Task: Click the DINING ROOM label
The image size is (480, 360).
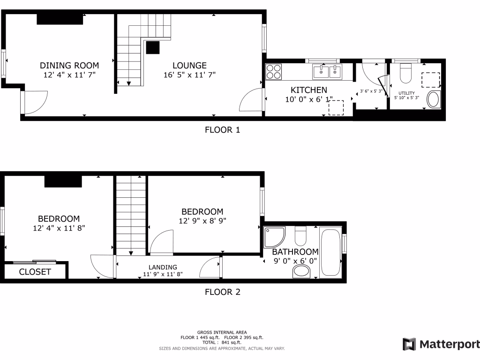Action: [x=69, y=66]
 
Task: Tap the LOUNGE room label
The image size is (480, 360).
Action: [x=189, y=66]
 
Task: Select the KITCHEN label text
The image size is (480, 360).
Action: [x=309, y=90]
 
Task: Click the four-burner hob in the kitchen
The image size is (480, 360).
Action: [x=274, y=72]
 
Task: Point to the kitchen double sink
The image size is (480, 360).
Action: [x=328, y=71]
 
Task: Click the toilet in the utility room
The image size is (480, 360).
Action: [x=405, y=74]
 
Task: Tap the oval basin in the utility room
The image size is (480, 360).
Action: [x=434, y=100]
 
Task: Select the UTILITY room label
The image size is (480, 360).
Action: [x=406, y=93]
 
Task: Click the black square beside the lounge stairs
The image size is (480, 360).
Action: [x=153, y=48]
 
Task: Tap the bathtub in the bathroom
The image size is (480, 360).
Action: [x=330, y=252]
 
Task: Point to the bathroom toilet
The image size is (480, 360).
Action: [x=300, y=234]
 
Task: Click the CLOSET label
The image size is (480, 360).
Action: [x=35, y=272]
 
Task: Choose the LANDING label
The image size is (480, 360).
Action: [x=163, y=267]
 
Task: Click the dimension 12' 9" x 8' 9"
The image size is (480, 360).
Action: [x=202, y=221]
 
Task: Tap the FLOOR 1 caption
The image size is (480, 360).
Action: [x=222, y=130]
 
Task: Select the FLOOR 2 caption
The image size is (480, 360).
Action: [x=222, y=292]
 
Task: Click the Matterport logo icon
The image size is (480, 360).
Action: [x=409, y=345]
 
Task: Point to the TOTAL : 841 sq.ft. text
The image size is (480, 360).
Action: [x=222, y=343]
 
